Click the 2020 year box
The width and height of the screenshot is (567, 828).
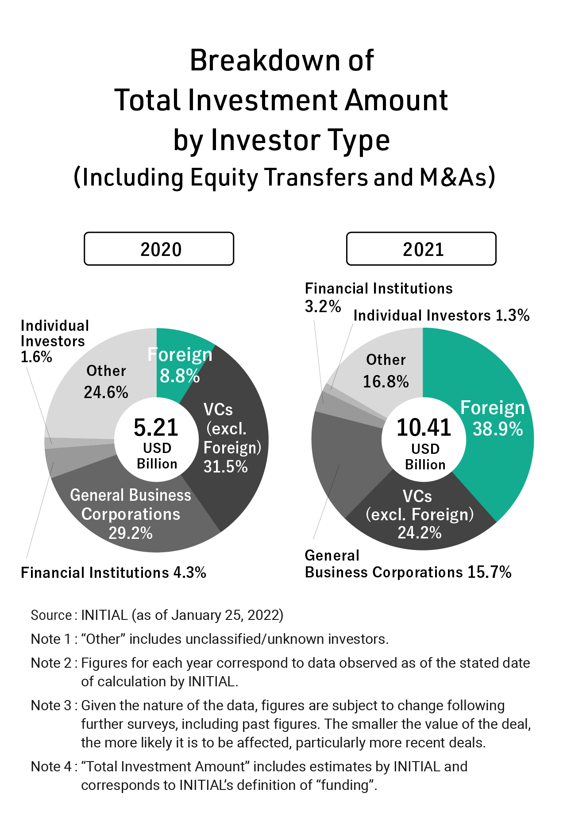pyautogui.click(x=159, y=249)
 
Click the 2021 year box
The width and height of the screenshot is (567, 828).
pyautogui.click(x=421, y=249)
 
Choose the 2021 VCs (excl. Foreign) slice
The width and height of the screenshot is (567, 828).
pyautogui.click(x=419, y=514)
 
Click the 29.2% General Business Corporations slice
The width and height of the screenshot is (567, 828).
pyautogui.click(x=131, y=514)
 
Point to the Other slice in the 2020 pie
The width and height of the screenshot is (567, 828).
pyautogui.click(x=106, y=381)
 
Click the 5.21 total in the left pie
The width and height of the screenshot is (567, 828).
pyautogui.click(x=156, y=428)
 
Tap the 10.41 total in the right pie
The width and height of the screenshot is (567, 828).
pyautogui.click(x=424, y=428)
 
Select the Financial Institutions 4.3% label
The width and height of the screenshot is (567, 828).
pyautogui.click(x=113, y=573)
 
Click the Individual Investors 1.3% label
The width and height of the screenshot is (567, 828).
pyautogui.click(x=441, y=315)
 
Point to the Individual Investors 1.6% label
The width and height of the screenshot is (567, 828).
pyautogui.click(x=54, y=341)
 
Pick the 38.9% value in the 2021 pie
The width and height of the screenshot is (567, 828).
pyautogui.click(x=498, y=429)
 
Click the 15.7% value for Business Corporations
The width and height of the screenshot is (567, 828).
pyautogui.click(x=489, y=572)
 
